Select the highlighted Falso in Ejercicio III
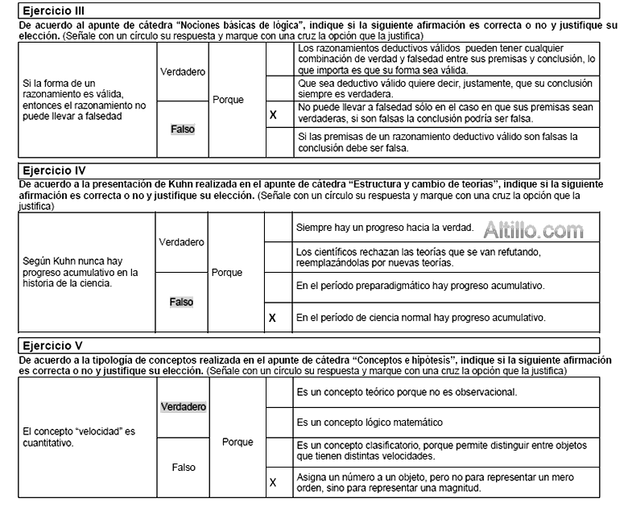183,129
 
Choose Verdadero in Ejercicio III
183,72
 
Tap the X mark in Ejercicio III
275,114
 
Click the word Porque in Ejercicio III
228,100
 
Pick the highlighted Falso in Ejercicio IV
181,302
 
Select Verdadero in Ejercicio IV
181,242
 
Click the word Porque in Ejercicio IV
227,273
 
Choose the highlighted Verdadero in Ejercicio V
184,407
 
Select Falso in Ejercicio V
183,467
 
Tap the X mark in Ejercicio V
273,483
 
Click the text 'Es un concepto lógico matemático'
370,422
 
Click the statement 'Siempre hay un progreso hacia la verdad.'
385,228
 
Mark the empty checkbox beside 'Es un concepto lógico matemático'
278,422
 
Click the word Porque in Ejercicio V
237,442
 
